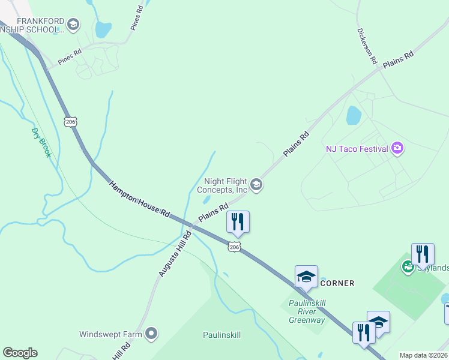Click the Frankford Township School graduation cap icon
click(73, 25)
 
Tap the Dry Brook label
click(41, 142)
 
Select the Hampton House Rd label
click(140, 197)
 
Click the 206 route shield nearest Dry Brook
click(70, 121)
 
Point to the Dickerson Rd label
click(366, 46)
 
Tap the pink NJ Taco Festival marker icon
click(397, 148)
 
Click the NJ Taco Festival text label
click(356, 148)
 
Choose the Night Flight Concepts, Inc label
click(226, 185)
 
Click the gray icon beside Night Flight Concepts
click(256, 184)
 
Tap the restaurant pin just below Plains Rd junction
click(238, 222)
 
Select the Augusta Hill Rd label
click(174, 254)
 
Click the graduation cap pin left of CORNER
click(306, 277)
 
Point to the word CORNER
click(337, 283)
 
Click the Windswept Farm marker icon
click(151, 333)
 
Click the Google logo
click(20, 353)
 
